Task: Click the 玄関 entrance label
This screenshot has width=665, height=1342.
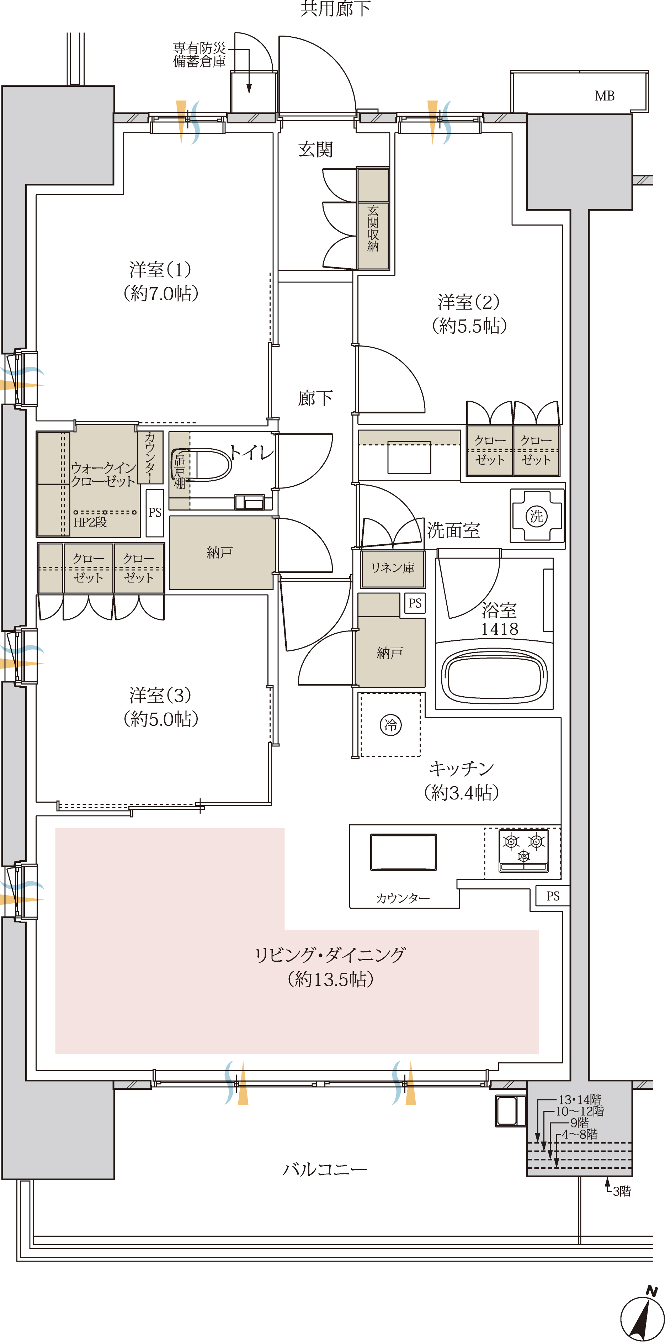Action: tap(315, 149)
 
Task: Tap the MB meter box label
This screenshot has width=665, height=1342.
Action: tap(605, 96)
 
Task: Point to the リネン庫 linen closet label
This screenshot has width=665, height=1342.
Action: tap(393, 568)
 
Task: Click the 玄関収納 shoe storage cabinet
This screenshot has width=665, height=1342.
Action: tap(373, 218)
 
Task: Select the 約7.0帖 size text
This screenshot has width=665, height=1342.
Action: tap(161, 293)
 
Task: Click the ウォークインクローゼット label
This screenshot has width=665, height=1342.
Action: tap(103, 474)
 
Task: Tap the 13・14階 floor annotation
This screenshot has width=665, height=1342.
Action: tap(580, 1099)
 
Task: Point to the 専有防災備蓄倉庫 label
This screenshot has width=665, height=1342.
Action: tap(199, 55)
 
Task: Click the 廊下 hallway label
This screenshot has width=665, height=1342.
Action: tap(315, 398)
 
